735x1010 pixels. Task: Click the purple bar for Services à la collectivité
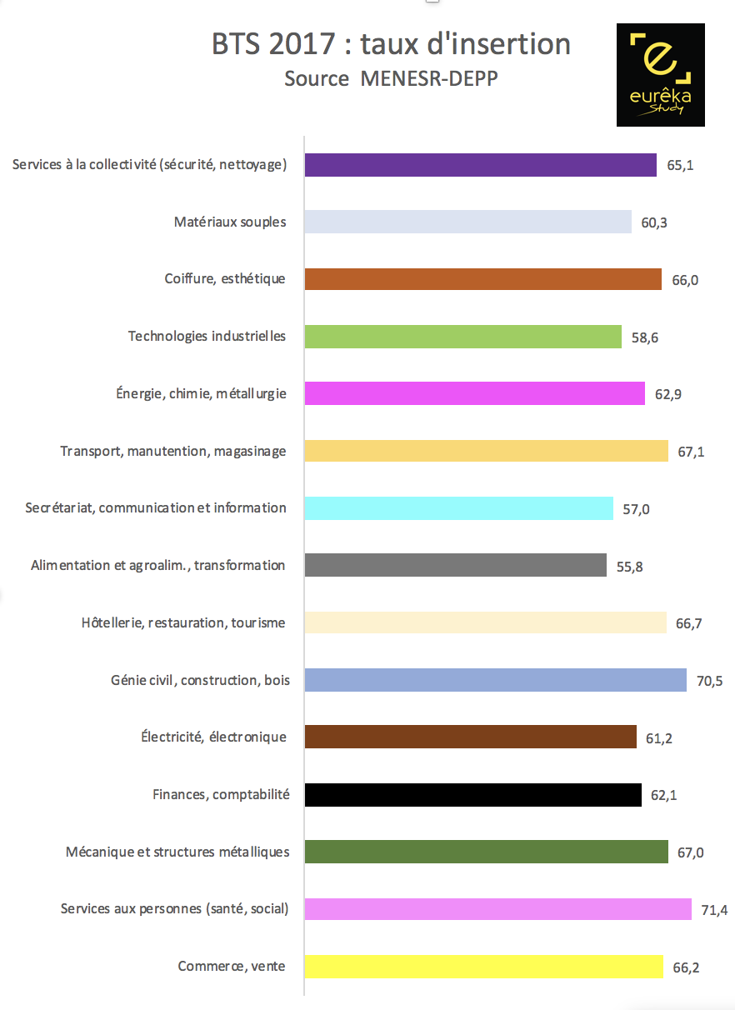[481, 165]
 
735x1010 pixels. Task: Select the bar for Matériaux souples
[468, 222]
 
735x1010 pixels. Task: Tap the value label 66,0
[685, 279]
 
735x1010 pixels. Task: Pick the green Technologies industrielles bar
[463, 336]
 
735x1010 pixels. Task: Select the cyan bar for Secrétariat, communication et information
[459, 508]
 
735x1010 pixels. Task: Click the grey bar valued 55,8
[456, 565]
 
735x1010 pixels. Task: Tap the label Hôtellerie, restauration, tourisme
[183, 622]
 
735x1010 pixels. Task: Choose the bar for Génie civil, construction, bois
[496, 680]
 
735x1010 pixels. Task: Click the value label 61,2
[659, 737]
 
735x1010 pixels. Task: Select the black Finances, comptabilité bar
[473, 795]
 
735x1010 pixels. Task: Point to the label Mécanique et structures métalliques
[177, 852]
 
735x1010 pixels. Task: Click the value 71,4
[714, 909]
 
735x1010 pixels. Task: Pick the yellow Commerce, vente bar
[484, 967]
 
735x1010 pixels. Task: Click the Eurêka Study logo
[660, 75]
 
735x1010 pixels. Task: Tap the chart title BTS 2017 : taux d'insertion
[392, 43]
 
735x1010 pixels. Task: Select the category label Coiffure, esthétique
[225, 279]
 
